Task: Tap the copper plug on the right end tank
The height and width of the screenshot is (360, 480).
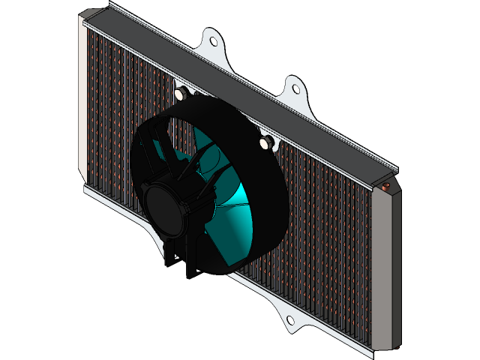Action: pyautogui.click(x=387, y=186)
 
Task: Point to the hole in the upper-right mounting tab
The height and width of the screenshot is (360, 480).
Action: pyautogui.click(x=295, y=88)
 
